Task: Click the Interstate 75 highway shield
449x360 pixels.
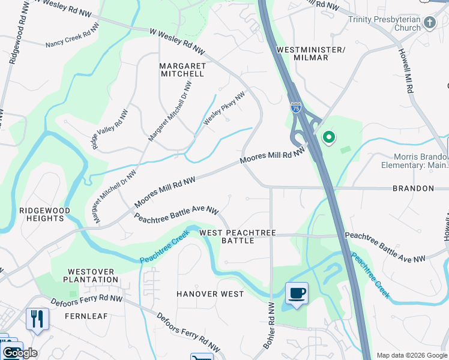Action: pyautogui.click(x=296, y=107)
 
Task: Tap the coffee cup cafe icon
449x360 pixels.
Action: pyautogui.click(x=297, y=293)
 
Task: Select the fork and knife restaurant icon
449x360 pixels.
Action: pyautogui.click(x=37, y=318)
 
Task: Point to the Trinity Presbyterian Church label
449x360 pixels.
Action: pyautogui.click(x=384, y=23)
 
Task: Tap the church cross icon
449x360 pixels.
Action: pyautogui.click(x=429, y=23)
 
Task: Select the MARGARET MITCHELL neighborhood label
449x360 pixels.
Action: pyautogui.click(x=182, y=70)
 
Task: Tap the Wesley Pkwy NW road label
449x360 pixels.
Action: pyautogui.click(x=224, y=109)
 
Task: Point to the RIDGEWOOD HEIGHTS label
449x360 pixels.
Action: pyautogui.click(x=44, y=214)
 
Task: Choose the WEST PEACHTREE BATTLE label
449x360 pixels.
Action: pyautogui.click(x=238, y=236)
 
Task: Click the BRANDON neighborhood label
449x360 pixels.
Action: pyautogui.click(x=413, y=188)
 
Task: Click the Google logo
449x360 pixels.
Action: pyautogui.click(x=20, y=353)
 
